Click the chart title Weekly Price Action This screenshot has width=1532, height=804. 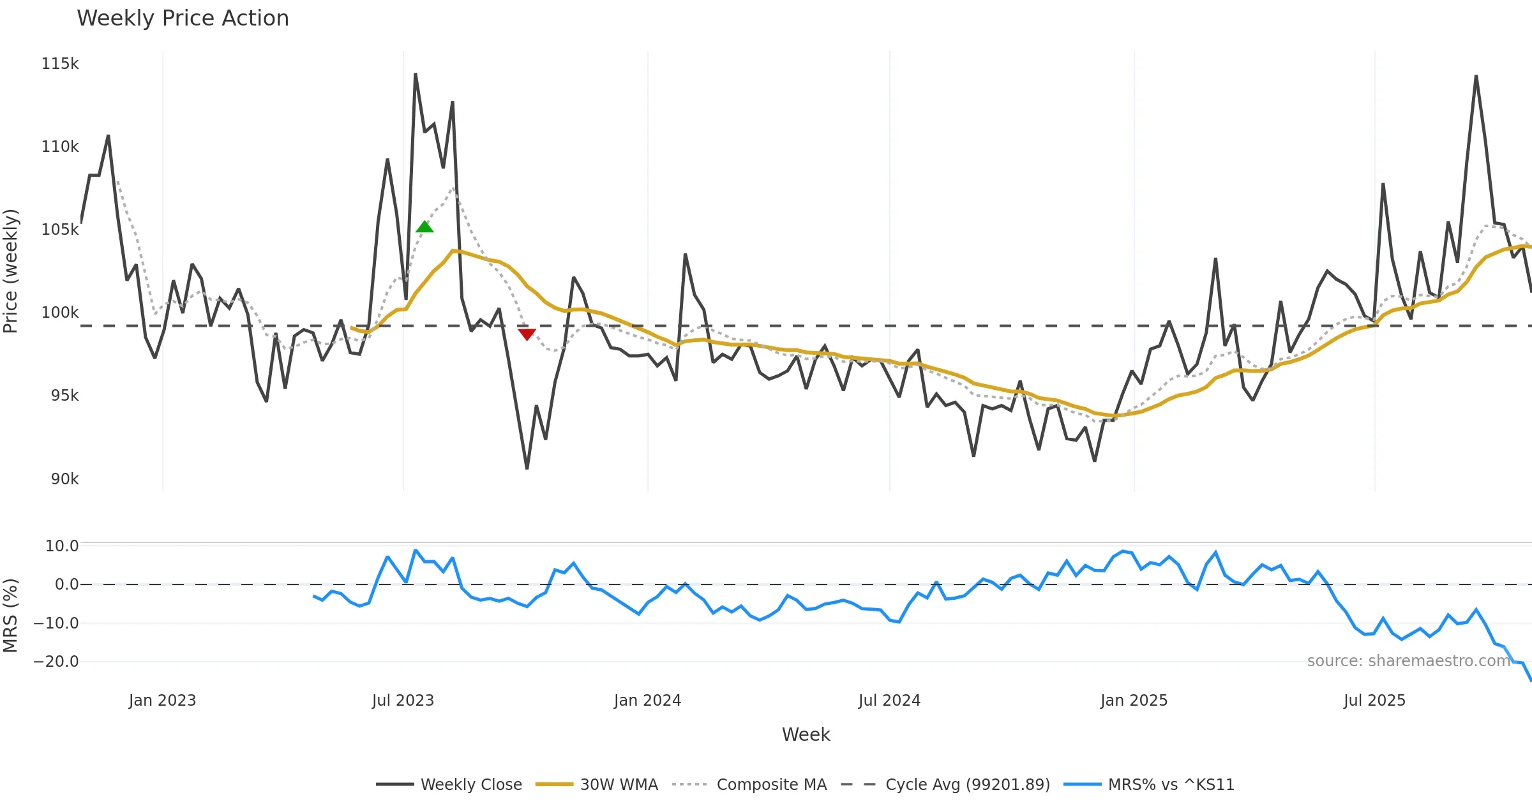point(183,19)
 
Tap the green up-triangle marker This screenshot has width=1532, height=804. point(424,227)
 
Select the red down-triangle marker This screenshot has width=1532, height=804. point(527,334)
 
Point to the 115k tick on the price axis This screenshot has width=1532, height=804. point(60,64)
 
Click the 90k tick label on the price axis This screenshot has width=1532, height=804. point(64,479)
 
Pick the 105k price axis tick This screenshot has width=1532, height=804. point(60,230)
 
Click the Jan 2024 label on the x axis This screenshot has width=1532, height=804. point(647,701)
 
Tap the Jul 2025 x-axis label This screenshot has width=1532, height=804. point(1374,701)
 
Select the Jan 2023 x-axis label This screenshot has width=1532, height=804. point(162,701)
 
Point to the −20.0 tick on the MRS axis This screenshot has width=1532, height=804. point(56,662)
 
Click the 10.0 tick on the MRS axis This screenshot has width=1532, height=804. point(61,546)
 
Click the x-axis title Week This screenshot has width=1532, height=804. point(806,735)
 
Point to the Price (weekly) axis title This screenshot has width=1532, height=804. point(11,271)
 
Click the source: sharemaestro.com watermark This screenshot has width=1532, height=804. point(1408,661)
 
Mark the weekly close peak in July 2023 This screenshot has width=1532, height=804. point(415,74)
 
